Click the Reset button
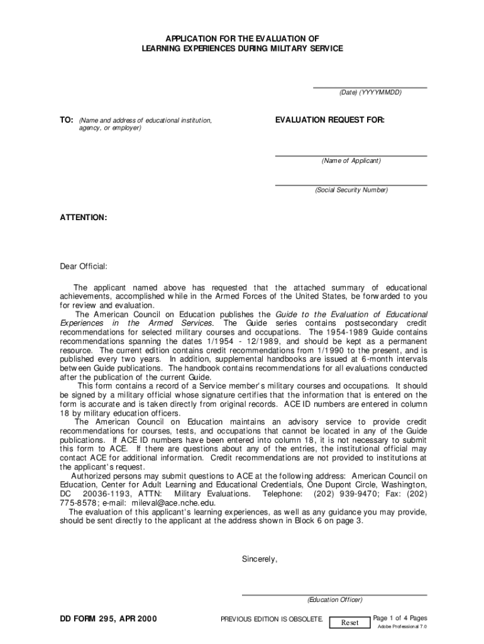349,623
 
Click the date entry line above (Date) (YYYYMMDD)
370,86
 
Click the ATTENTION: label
83,218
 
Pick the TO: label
67,119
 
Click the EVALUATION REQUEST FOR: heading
329,119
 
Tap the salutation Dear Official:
83,266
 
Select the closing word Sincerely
259,558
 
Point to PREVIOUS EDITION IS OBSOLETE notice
272,619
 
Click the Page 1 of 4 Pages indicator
400,618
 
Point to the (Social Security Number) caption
351,190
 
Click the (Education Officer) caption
334,599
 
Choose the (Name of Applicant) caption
351,160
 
